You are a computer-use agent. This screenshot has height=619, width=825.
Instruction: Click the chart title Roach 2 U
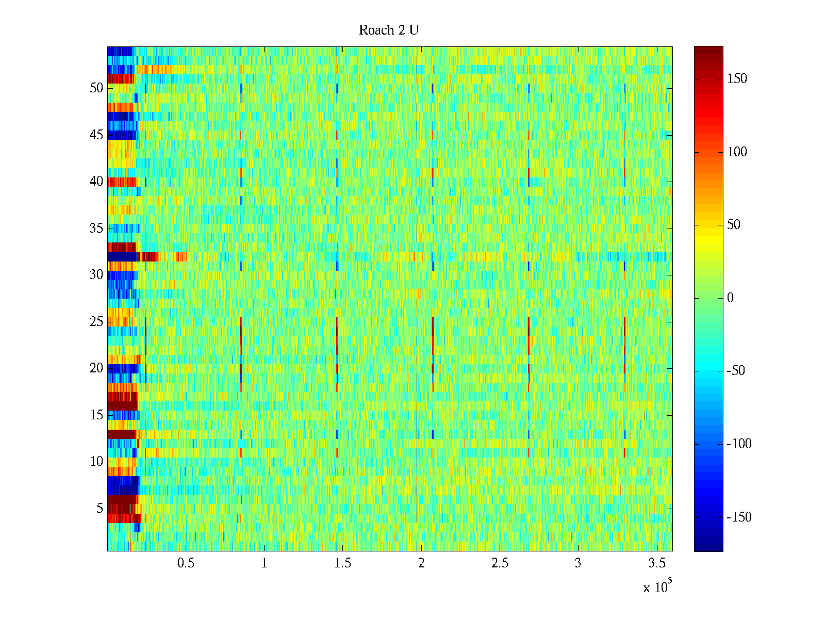click(389, 30)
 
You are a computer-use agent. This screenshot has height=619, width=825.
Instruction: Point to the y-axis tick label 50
click(96, 88)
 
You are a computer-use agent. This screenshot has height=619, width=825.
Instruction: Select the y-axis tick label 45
click(96, 135)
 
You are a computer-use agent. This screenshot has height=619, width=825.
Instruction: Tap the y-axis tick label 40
click(96, 182)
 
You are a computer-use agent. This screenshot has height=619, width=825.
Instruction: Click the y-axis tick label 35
click(96, 229)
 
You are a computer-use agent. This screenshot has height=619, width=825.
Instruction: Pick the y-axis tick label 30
click(96, 275)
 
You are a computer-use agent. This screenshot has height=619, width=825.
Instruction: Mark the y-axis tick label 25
click(96, 322)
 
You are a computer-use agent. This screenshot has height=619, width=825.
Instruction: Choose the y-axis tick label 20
click(96, 368)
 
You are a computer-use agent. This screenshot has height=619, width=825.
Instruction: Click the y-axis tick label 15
click(96, 415)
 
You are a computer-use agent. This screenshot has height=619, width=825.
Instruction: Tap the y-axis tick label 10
click(96, 462)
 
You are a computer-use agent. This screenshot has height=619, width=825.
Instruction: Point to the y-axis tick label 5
click(100, 509)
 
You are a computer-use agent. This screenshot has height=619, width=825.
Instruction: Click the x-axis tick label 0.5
click(186, 563)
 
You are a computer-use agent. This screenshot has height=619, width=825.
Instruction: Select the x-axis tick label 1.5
click(343, 563)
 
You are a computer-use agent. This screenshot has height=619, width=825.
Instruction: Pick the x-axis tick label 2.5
click(500, 563)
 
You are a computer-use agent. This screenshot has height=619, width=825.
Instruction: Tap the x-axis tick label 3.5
click(656, 563)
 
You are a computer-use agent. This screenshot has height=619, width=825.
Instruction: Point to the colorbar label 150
click(737, 79)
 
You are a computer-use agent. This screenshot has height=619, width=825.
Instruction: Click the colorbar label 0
click(730, 298)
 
